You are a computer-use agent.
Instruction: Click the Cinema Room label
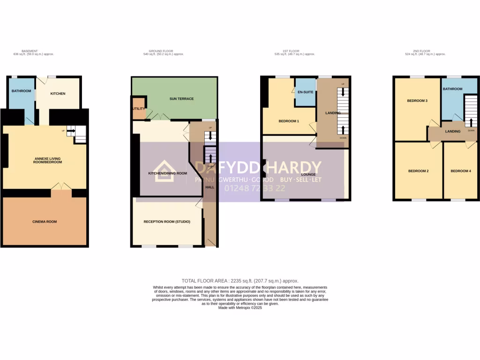pyautogui.click(x=45, y=221)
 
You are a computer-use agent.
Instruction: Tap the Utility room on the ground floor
pyautogui.click(x=139, y=109)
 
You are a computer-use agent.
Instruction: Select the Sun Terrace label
pyautogui.click(x=181, y=99)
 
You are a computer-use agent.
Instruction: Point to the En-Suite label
pyautogui.click(x=305, y=92)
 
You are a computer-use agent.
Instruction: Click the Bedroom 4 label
pyautogui.click(x=460, y=171)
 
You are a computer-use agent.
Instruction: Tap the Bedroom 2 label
pyautogui.click(x=418, y=171)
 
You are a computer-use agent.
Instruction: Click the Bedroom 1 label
pyautogui.click(x=289, y=121)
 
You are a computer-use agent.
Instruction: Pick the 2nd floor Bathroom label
pyautogui.click(x=453, y=89)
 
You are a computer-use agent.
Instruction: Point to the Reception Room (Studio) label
pyautogui.click(x=167, y=221)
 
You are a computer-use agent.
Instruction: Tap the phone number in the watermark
pyautogui.click(x=255, y=189)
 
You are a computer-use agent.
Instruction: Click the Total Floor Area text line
pyautogui.click(x=240, y=281)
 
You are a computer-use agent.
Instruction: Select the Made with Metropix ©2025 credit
pyautogui.click(x=240, y=307)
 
